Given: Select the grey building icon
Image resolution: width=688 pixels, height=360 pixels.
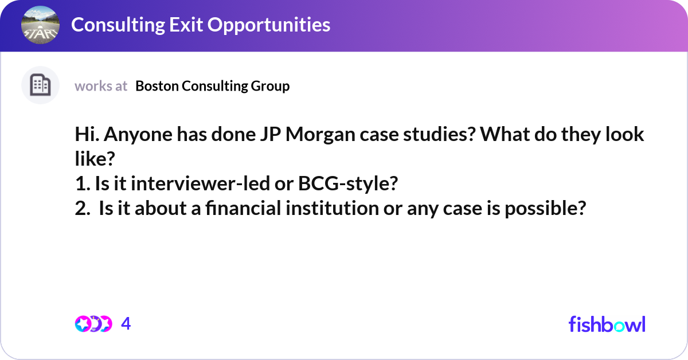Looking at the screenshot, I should click(40, 85).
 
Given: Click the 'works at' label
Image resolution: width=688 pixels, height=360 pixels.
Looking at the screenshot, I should click(101, 86).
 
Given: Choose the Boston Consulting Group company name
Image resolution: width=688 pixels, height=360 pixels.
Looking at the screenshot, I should click(213, 86).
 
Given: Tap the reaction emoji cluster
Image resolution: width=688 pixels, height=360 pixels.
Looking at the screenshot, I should click(93, 324).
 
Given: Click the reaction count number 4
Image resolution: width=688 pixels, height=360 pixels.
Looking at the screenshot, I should click(126, 324).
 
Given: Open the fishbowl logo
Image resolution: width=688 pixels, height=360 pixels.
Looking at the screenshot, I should click(607, 324).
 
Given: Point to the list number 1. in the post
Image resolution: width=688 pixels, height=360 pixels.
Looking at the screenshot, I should click(81, 184).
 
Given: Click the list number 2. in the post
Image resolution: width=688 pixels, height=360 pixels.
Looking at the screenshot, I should click(82, 209).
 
